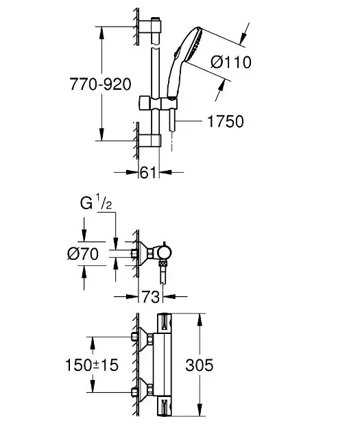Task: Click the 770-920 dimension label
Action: (x=100, y=84)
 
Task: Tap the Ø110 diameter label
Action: (x=231, y=62)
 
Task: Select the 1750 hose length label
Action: (x=226, y=121)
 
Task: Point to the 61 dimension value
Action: (x=148, y=173)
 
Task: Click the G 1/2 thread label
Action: (x=96, y=202)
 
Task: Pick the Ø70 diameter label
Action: (x=83, y=254)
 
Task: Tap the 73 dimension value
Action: (x=150, y=297)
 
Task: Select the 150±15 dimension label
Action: (x=92, y=365)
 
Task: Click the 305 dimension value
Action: (x=199, y=365)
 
